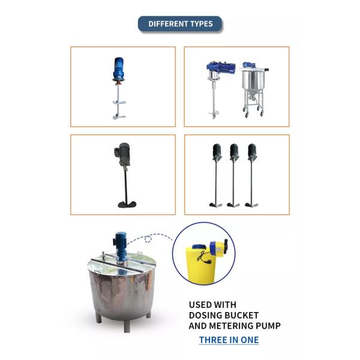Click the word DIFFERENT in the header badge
165,24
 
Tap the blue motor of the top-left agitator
119,69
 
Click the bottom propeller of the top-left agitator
119,116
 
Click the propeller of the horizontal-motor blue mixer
213,115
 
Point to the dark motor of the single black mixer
123,154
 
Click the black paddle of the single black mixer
127,204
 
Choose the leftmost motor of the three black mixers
217,152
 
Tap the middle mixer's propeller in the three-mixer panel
233,205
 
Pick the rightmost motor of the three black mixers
253,152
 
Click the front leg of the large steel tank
127,326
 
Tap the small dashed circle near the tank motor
148,239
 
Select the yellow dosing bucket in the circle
200,265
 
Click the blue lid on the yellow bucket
200,247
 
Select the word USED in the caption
199,305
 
